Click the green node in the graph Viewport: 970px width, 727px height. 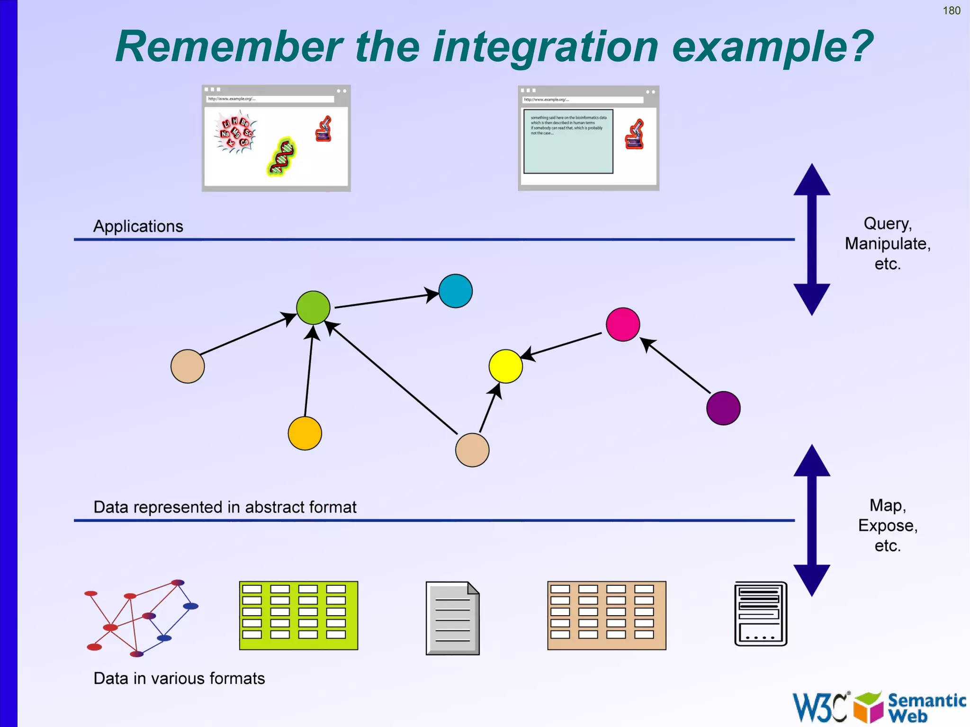[313, 308]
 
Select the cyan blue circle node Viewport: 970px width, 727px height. [455, 291]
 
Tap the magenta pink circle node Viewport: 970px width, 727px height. [622, 324]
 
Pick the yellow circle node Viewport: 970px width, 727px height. [505, 366]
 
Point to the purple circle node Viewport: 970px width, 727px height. [723, 408]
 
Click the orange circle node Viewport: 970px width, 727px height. [305, 433]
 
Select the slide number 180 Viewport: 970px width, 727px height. [951, 10]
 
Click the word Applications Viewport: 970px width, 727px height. [138, 226]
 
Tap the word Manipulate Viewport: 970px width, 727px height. [887, 244]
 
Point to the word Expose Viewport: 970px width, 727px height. [887, 526]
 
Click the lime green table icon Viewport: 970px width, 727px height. [298, 615]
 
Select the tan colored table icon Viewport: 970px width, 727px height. [606, 615]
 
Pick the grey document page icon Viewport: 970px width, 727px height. [452, 618]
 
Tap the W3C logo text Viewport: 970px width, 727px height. [820, 707]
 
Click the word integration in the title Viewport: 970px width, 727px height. [545, 47]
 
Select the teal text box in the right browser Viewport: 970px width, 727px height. [568, 142]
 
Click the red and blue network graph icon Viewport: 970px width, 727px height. [141, 618]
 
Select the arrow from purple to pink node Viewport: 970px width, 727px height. [677, 367]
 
